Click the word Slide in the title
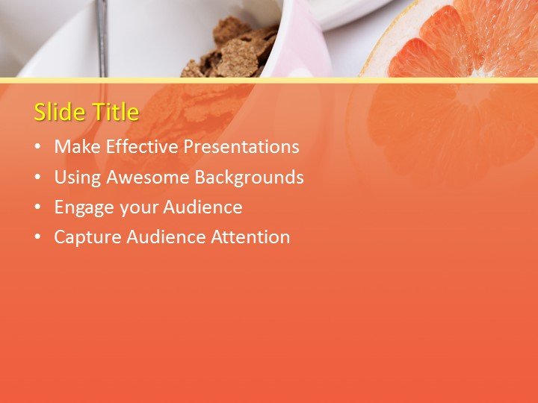coord(61,112)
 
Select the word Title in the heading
coord(115,112)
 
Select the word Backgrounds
coord(249,178)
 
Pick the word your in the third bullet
coord(137,207)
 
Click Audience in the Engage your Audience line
coord(202,207)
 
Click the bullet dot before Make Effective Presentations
coord(37,148)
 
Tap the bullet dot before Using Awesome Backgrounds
coord(37,178)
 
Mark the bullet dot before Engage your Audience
coord(37,208)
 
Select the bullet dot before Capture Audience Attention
coord(37,238)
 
